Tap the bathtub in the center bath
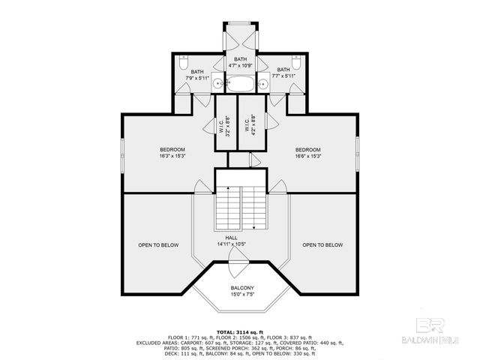240,83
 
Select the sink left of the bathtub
215,83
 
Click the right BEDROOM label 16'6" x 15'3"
308,152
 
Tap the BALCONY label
241,288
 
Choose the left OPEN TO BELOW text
157,245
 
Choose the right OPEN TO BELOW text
322,245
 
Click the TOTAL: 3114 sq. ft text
240,331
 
